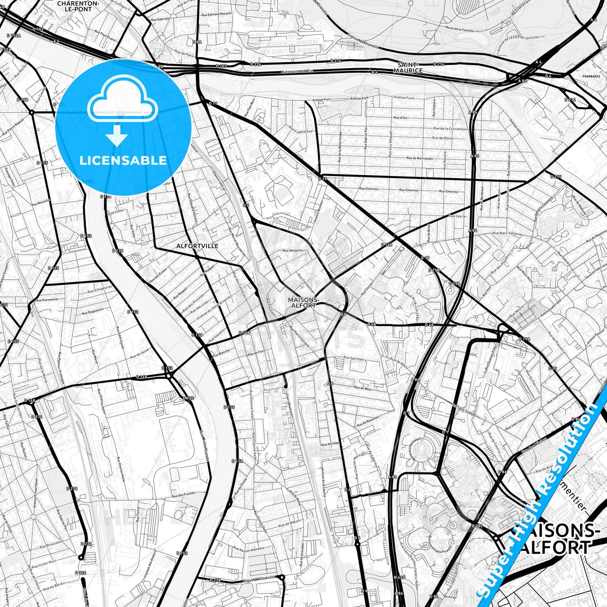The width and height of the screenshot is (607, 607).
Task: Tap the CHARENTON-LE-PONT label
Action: [78, 6]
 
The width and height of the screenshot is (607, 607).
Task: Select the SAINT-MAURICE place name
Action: [408, 68]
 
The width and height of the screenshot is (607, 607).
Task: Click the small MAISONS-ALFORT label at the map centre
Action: [302, 302]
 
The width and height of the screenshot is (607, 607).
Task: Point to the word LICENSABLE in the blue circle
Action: [123, 160]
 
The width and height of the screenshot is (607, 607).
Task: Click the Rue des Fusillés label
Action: [183, 495]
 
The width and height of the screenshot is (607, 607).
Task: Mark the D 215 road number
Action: [556, 177]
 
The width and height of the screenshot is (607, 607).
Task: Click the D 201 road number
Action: [477, 526]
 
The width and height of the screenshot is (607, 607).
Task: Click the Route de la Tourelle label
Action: [460, 29]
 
